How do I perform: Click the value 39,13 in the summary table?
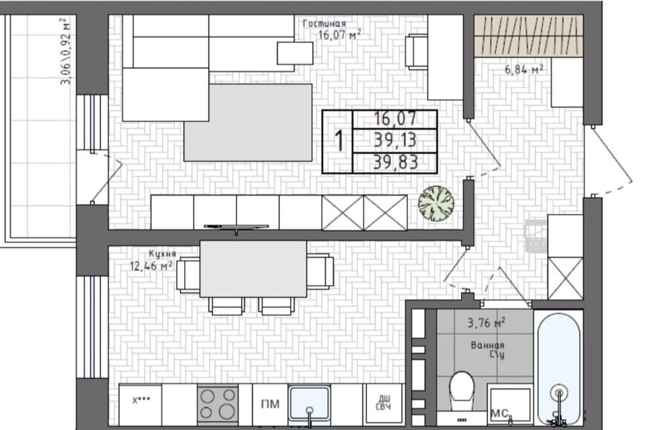click(x=395, y=140)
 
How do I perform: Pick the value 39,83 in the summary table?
click(x=395, y=162)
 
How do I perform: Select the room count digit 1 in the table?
click(x=339, y=141)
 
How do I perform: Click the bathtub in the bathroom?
click(x=558, y=366)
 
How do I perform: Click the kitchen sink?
click(x=309, y=403)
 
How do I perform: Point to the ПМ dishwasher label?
click(x=270, y=404)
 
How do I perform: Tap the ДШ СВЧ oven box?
click(x=384, y=404)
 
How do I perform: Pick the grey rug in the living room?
click(x=248, y=122)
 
